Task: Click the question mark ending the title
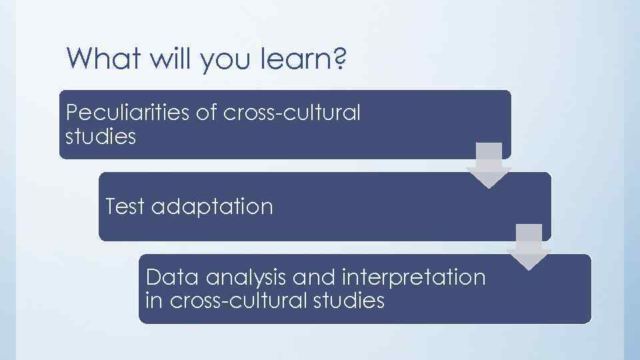[x=339, y=59]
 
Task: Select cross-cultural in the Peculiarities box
[x=293, y=113]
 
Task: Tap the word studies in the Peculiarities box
[x=101, y=137]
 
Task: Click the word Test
[x=125, y=207]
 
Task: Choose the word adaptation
[x=212, y=207]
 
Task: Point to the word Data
[x=167, y=277]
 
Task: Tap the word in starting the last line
[x=153, y=300]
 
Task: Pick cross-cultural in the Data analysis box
[x=239, y=300]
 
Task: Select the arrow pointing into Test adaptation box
[x=488, y=165]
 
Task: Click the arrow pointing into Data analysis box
[x=528, y=247]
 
